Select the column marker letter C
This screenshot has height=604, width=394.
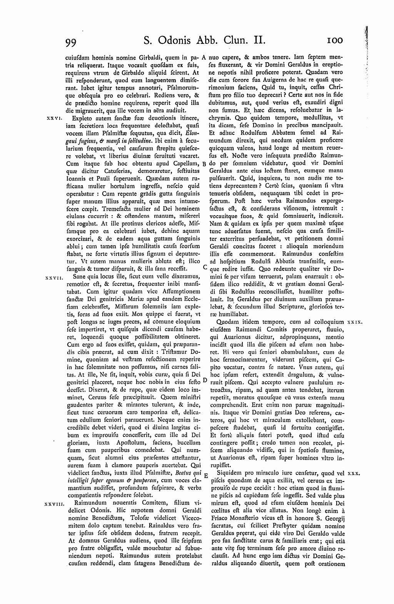tap(205, 266)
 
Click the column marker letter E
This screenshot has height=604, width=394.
tap(205, 475)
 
